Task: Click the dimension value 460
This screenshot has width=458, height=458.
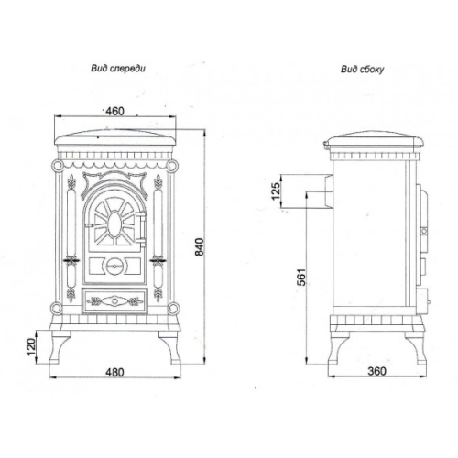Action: [114, 112]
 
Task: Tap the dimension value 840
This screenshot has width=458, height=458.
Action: [199, 247]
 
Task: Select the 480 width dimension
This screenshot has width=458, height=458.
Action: [114, 372]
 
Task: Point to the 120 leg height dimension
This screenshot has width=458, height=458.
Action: [32, 347]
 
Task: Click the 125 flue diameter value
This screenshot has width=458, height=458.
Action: [276, 191]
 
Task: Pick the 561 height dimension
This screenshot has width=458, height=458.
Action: [301, 277]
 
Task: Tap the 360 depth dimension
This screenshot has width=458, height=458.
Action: [376, 371]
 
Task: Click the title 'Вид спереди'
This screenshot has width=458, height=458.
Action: [118, 69]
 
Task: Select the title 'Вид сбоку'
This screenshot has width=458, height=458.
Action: [362, 70]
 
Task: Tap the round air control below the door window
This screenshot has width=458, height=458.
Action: [114, 267]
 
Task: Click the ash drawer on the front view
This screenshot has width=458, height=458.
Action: [114, 301]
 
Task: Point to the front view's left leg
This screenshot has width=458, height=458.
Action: [60, 347]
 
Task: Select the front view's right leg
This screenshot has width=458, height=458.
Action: [169, 347]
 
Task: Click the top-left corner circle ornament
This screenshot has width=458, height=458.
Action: [57, 166]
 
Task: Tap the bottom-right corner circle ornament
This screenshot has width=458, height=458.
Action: [172, 308]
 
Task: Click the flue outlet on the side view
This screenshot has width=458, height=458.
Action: [329, 191]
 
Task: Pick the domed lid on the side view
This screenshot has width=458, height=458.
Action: [374, 141]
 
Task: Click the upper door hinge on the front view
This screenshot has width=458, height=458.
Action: [142, 216]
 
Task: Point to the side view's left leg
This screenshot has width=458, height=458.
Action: [338, 348]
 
